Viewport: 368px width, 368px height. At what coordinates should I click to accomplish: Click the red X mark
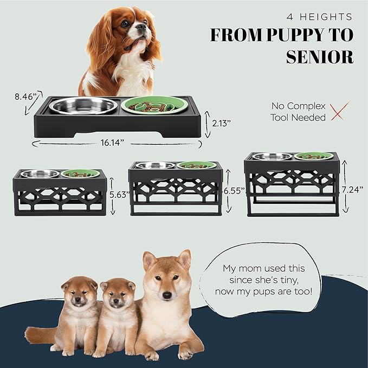click(339, 111)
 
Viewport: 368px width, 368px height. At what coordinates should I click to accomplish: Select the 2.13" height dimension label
click(221, 122)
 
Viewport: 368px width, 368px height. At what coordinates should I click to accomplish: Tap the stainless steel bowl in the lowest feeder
click(83, 105)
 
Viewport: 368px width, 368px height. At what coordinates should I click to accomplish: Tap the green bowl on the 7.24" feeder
click(314, 156)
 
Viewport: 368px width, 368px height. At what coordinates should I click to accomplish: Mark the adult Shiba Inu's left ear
click(184, 259)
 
